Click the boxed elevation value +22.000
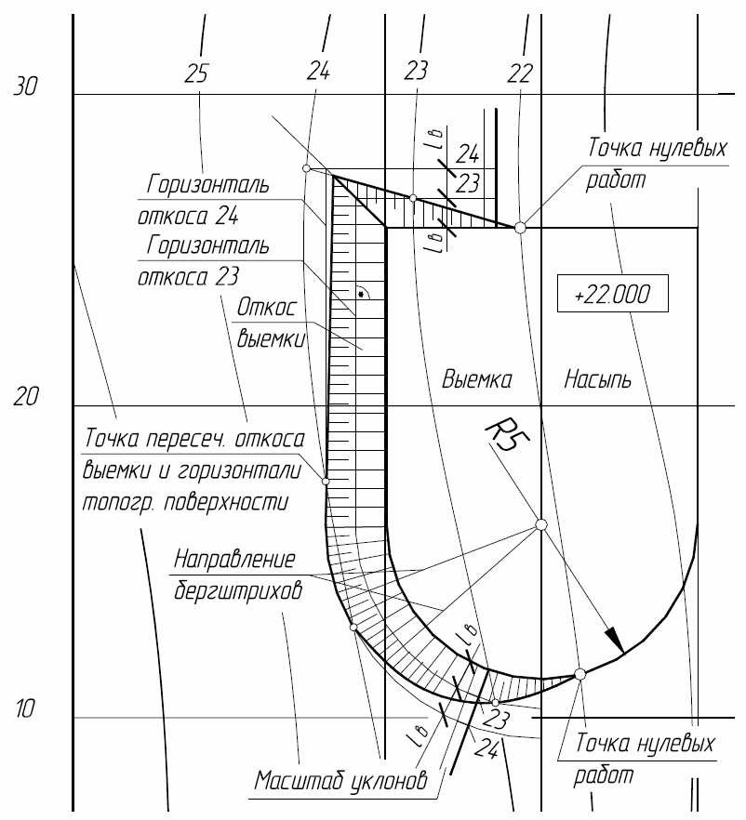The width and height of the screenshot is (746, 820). click(612, 294)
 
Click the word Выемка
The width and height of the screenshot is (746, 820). click(477, 380)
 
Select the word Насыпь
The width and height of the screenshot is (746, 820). click(599, 380)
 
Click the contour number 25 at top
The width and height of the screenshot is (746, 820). click(196, 72)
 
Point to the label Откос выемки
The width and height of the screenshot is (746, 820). click(269, 322)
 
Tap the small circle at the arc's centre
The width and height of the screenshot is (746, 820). click(541, 524)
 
